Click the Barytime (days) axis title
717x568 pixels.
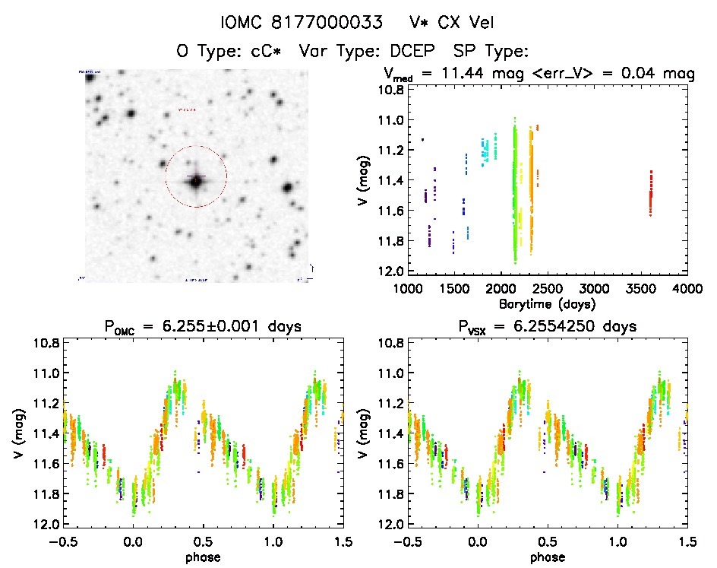click(548, 303)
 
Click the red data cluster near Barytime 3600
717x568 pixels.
click(650, 193)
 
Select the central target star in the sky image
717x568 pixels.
click(196, 181)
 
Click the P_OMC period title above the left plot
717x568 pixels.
click(203, 327)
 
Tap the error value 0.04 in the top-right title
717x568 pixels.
click(649, 74)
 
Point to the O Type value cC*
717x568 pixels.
click(254, 51)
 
